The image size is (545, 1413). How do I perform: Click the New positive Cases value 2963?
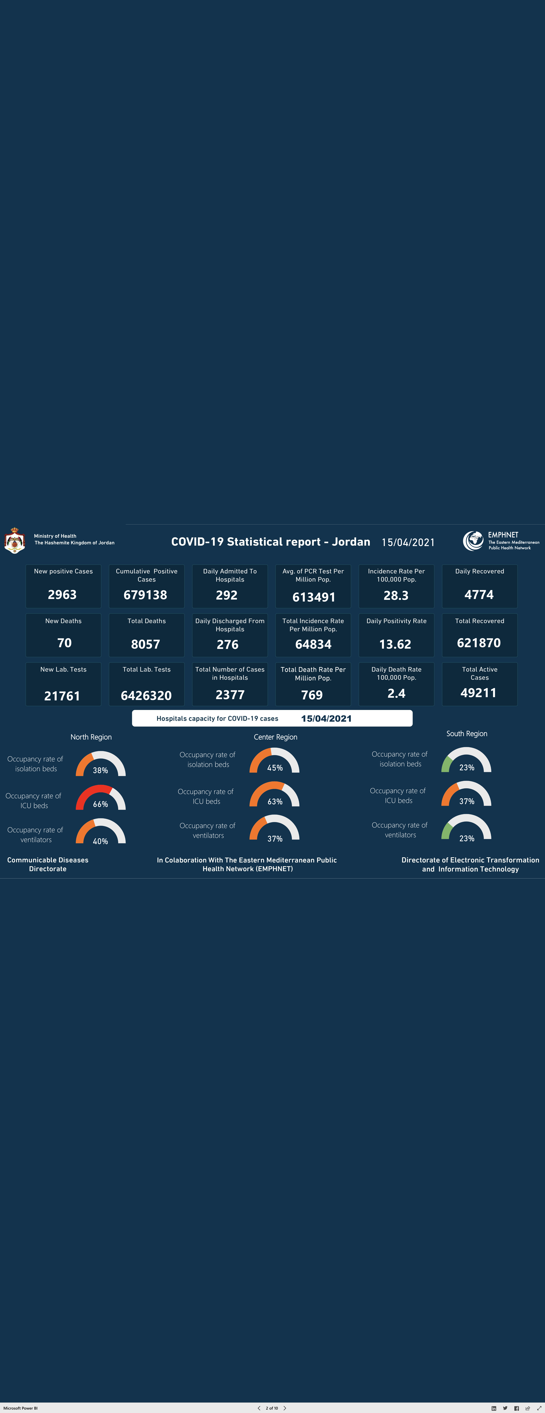(x=62, y=595)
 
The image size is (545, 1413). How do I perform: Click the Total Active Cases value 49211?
(x=479, y=693)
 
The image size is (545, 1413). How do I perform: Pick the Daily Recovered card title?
(x=480, y=571)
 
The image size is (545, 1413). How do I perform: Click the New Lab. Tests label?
(x=63, y=669)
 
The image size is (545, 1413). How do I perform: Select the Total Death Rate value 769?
(x=312, y=695)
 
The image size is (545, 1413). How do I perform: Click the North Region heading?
(x=91, y=737)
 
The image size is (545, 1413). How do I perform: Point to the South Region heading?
(x=467, y=733)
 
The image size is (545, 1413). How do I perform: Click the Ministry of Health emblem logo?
(x=15, y=541)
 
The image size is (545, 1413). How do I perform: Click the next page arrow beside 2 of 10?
(x=285, y=1408)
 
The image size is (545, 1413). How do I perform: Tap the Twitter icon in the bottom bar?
(x=505, y=1408)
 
